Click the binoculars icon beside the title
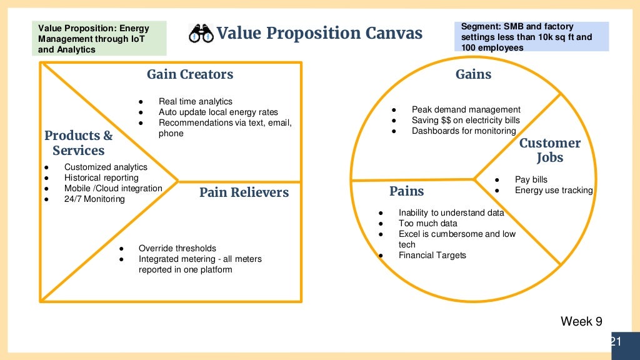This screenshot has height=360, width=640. coord(201,33)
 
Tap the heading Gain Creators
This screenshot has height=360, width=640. coord(190,74)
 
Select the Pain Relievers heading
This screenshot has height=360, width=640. coord(244,192)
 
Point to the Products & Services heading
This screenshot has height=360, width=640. coord(79,143)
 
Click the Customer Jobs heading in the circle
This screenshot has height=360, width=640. coord(549,150)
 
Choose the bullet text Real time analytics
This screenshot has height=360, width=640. coord(195,101)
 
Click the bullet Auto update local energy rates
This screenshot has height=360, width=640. coord(218,112)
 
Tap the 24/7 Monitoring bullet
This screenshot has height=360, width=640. coord(94,199)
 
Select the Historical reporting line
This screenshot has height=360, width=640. coord(101,178)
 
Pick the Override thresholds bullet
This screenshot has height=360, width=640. coord(177,248)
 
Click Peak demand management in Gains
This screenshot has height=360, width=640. coord(466,109)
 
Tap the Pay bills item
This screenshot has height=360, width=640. coord(531,180)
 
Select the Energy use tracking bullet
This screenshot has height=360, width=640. coord(553,191)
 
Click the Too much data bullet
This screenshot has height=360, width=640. coord(427,223)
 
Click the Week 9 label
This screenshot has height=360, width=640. coord(581,322)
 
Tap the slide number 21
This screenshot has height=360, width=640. coord(615,341)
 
